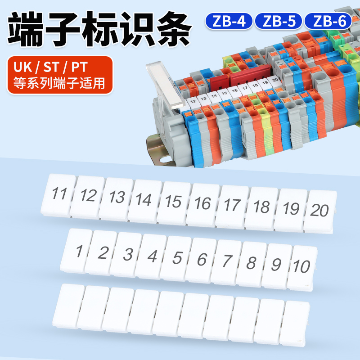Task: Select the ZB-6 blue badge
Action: [328, 21]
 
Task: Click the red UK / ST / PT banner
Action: [60, 75]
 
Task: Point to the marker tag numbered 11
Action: [60, 194]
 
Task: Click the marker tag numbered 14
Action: [144, 199]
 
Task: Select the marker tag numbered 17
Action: [232, 205]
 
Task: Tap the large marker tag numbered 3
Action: [128, 254]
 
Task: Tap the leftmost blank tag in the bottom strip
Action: [69, 305]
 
